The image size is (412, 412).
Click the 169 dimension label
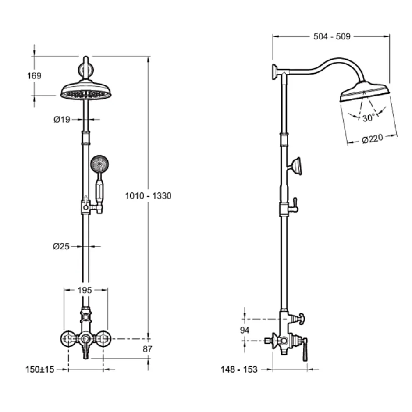(35, 76)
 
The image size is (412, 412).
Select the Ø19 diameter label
(62, 120)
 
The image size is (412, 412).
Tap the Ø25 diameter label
(61, 246)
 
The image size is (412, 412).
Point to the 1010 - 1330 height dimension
(148, 196)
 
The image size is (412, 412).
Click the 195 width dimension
(85, 290)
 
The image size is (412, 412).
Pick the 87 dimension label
(148, 349)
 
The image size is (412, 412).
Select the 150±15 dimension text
(40, 369)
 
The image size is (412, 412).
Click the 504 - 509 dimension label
(332, 36)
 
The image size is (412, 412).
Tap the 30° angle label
(368, 118)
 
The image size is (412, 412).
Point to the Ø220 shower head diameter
(373, 139)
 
